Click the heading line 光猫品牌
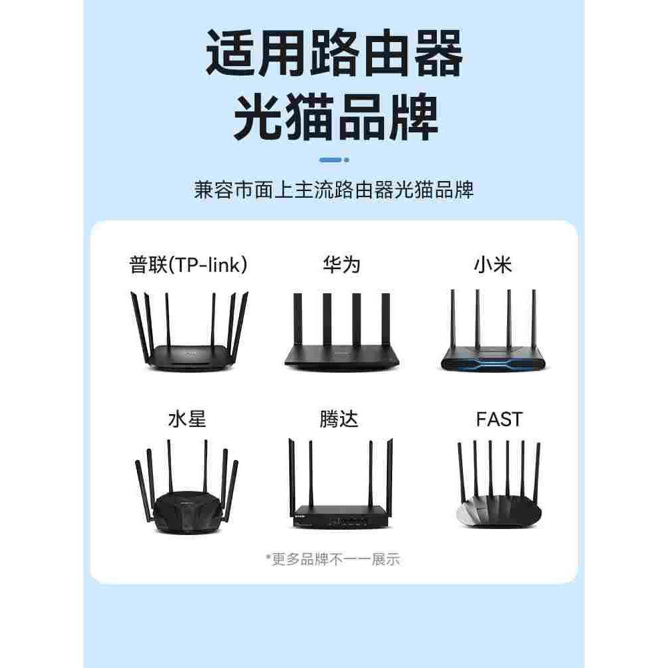(x=334, y=119)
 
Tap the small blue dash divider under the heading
(x=334, y=160)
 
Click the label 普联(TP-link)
(x=189, y=265)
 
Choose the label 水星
(x=187, y=420)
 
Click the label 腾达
(x=339, y=420)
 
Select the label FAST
(x=499, y=420)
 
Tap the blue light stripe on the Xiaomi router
(x=493, y=364)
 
